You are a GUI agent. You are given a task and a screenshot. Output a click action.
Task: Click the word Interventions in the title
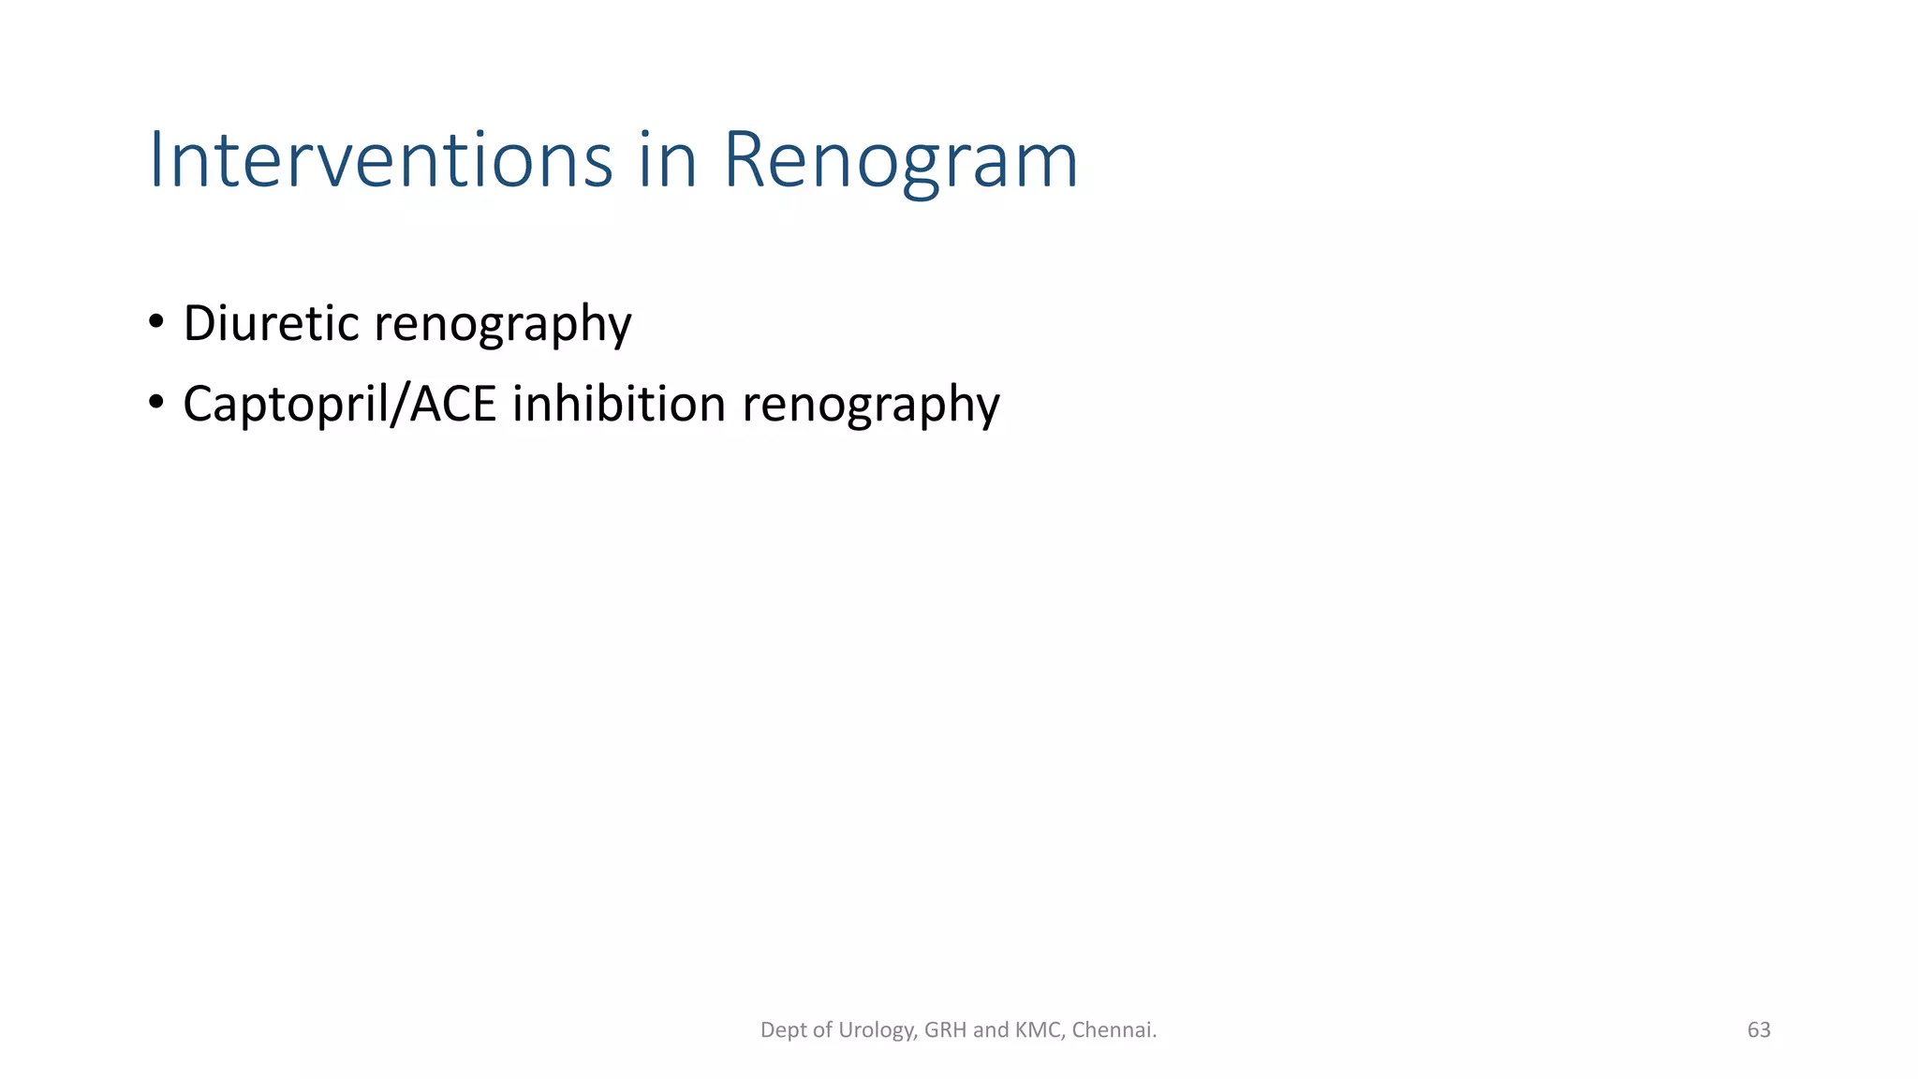click(380, 160)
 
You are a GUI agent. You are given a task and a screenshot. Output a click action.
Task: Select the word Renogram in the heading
click(900, 160)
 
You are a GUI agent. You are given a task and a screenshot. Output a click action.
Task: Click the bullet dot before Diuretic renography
click(156, 322)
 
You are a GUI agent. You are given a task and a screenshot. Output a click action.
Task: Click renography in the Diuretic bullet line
click(503, 325)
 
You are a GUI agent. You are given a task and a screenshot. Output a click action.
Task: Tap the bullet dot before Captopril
click(156, 403)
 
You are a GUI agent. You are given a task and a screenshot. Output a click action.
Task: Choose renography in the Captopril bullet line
click(871, 406)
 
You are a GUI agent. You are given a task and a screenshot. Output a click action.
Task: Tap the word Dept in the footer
click(783, 1030)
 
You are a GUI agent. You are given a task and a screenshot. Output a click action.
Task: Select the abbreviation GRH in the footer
click(946, 1030)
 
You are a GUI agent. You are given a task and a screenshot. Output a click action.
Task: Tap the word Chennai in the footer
click(1114, 1030)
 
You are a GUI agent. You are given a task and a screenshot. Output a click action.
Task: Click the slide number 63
click(1759, 1030)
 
